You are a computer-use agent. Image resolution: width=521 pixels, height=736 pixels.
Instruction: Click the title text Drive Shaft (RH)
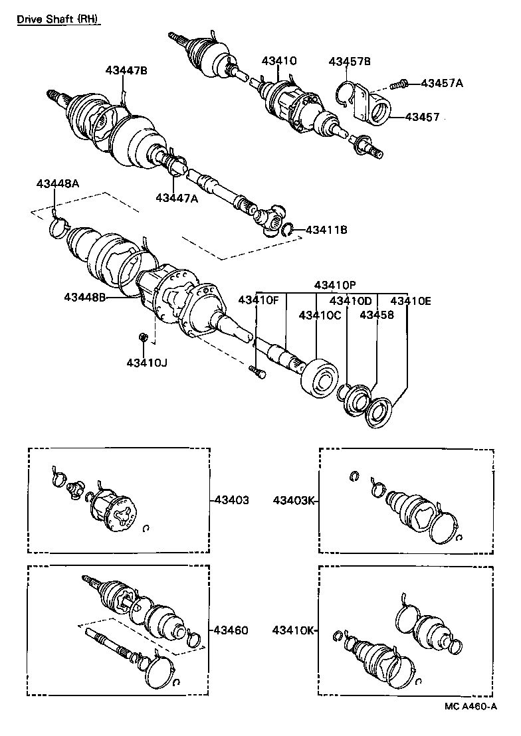[x=58, y=19]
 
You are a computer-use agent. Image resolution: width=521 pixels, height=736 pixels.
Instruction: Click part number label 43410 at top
[x=279, y=60]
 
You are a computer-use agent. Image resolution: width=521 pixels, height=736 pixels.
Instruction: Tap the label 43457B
[x=350, y=61]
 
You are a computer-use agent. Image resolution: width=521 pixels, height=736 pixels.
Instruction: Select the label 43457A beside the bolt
[x=442, y=83]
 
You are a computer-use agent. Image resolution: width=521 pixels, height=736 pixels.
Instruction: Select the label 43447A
[x=177, y=197]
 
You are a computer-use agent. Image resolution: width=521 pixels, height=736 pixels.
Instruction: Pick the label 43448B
[x=85, y=296]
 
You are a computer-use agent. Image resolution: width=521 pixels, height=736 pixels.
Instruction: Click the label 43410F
[x=259, y=300]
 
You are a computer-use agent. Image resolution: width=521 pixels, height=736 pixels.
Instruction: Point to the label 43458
[x=377, y=315]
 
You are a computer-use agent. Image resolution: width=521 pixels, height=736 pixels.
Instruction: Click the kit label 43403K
[x=293, y=500]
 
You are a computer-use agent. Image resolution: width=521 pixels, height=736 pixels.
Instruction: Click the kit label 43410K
[x=293, y=630]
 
